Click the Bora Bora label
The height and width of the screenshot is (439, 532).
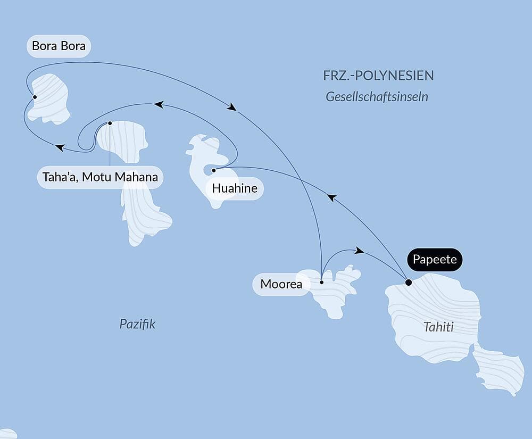pyautogui.click(x=59, y=46)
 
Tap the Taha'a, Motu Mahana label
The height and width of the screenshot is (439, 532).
pyautogui.click(x=100, y=177)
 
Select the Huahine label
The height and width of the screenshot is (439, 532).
pyautogui.click(x=235, y=188)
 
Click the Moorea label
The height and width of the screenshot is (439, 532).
pyautogui.click(x=281, y=284)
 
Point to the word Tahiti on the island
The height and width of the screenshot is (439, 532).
pyautogui.click(x=438, y=327)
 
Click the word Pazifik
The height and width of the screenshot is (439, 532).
pyautogui.click(x=137, y=324)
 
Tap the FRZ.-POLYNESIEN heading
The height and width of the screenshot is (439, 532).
pyautogui.click(x=378, y=76)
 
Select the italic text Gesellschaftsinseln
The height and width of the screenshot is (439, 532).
pyautogui.click(x=377, y=97)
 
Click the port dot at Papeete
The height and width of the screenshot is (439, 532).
pyautogui.click(x=408, y=283)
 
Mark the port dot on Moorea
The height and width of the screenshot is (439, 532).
pyautogui.click(x=321, y=282)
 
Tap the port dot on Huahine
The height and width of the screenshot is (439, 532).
pyautogui.click(x=213, y=170)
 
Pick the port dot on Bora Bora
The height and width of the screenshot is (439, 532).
pyautogui.click(x=35, y=97)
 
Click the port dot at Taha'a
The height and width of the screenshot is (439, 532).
pyautogui.click(x=110, y=123)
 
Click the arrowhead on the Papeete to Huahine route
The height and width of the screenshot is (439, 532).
pyautogui.click(x=331, y=197)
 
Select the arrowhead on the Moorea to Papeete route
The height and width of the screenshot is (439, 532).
pyautogui.click(x=360, y=250)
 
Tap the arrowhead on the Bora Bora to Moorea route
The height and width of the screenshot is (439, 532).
pyautogui.click(x=231, y=107)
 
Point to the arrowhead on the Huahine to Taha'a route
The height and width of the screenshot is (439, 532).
pyautogui.click(x=158, y=105)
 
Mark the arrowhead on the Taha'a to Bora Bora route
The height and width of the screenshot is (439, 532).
pyautogui.click(x=60, y=147)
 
